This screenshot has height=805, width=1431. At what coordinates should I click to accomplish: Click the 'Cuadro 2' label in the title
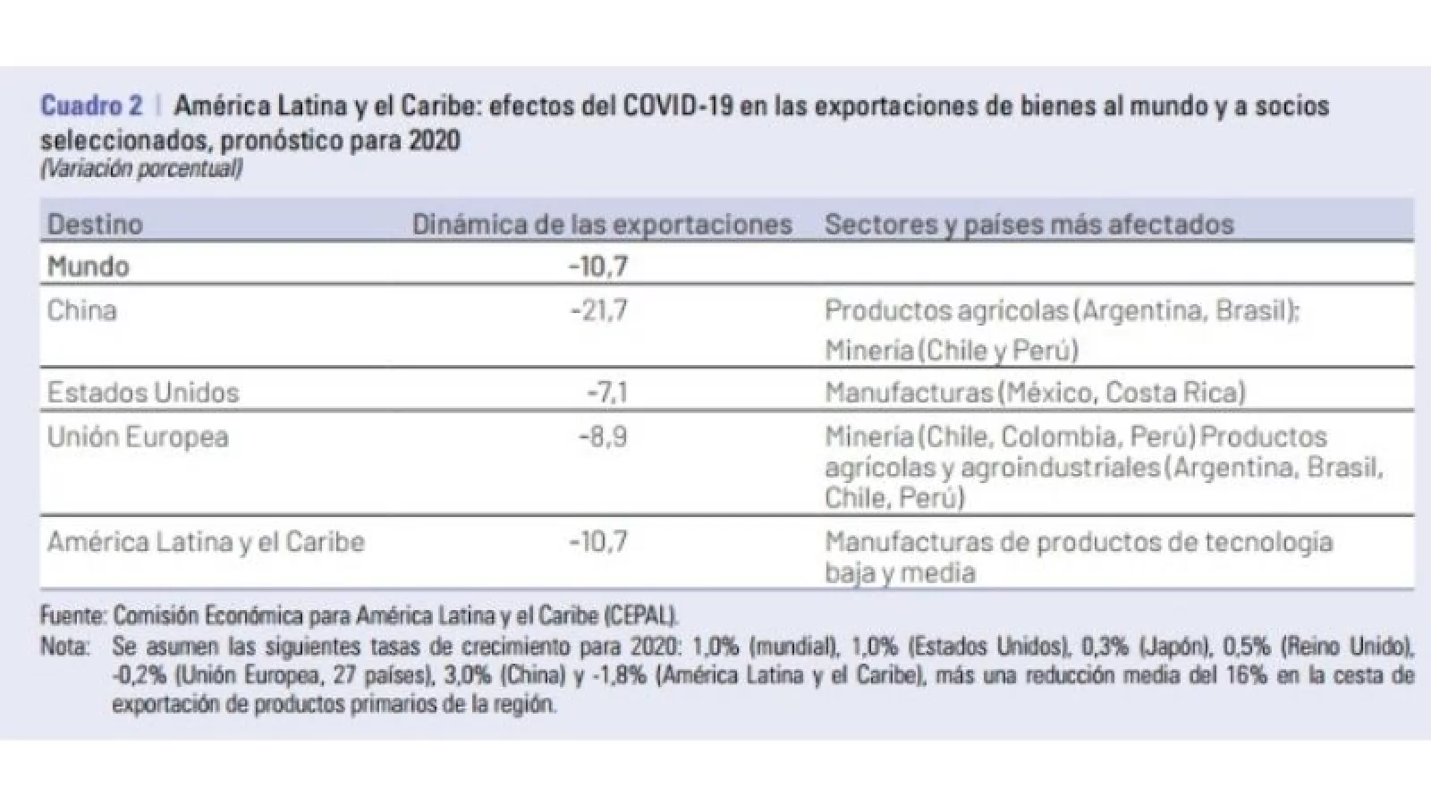pyautogui.click(x=91, y=106)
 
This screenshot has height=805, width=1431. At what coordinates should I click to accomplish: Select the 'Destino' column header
pyautogui.click(x=95, y=224)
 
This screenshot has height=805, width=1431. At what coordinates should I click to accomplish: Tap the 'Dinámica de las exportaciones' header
pyautogui.click(x=602, y=224)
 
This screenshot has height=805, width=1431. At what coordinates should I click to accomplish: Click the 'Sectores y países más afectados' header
pyautogui.click(x=1029, y=224)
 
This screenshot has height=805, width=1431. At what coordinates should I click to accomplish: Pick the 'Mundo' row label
pyautogui.click(x=89, y=267)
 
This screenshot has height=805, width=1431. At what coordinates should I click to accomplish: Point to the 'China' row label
pyautogui.click(x=82, y=310)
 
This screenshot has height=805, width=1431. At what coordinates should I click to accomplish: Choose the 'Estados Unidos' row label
pyautogui.click(x=143, y=393)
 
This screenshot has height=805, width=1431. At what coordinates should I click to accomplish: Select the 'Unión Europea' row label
pyautogui.click(x=138, y=437)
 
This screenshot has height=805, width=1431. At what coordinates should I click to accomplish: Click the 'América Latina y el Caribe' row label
pyautogui.click(x=206, y=542)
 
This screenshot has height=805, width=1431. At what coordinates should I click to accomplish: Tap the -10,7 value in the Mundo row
pyautogui.click(x=598, y=267)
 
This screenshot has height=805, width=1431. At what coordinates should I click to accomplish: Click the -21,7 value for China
pyautogui.click(x=599, y=310)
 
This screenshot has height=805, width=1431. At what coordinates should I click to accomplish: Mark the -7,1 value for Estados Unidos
pyautogui.click(x=607, y=393)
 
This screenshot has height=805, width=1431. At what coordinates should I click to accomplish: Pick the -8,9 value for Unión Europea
pyautogui.click(x=603, y=437)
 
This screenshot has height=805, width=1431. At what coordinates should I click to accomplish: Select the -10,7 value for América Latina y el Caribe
pyautogui.click(x=598, y=542)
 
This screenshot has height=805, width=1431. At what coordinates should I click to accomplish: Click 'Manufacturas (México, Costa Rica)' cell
pyautogui.click(x=1035, y=393)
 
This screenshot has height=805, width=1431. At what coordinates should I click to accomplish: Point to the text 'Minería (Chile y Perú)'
pyautogui.click(x=952, y=350)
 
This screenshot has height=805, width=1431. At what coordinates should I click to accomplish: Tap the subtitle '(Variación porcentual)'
pyautogui.click(x=141, y=168)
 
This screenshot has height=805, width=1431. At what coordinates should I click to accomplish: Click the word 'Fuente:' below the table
pyautogui.click(x=74, y=615)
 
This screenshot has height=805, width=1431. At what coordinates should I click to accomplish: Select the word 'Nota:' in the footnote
pyautogui.click(x=64, y=647)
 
